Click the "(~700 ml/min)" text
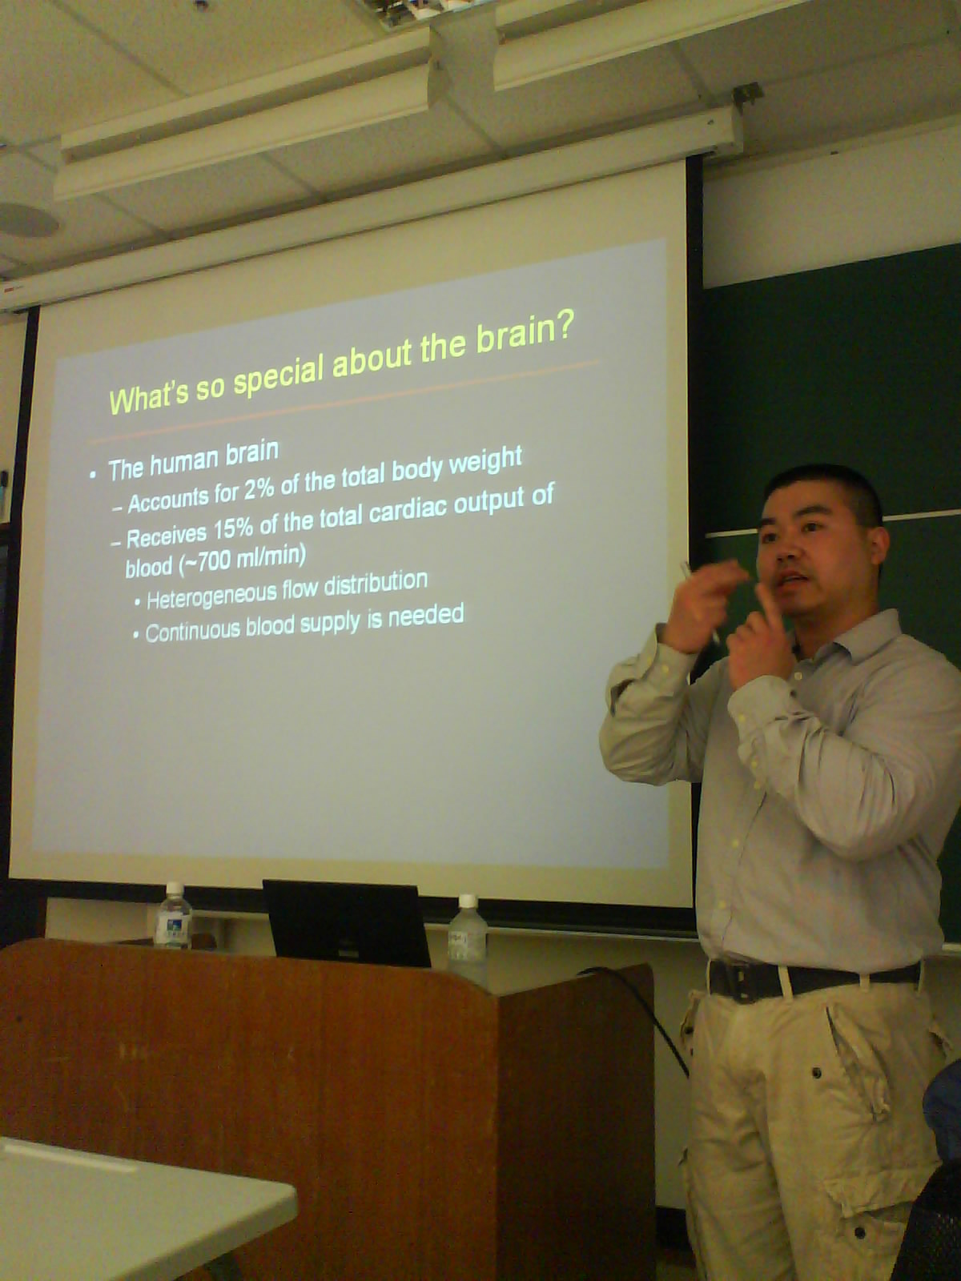(x=243, y=561)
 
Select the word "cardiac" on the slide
(x=408, y=511)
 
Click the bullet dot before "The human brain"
(x=94, y=475)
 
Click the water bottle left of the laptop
(x=174, y=915)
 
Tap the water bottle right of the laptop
(x=467, y=935)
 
